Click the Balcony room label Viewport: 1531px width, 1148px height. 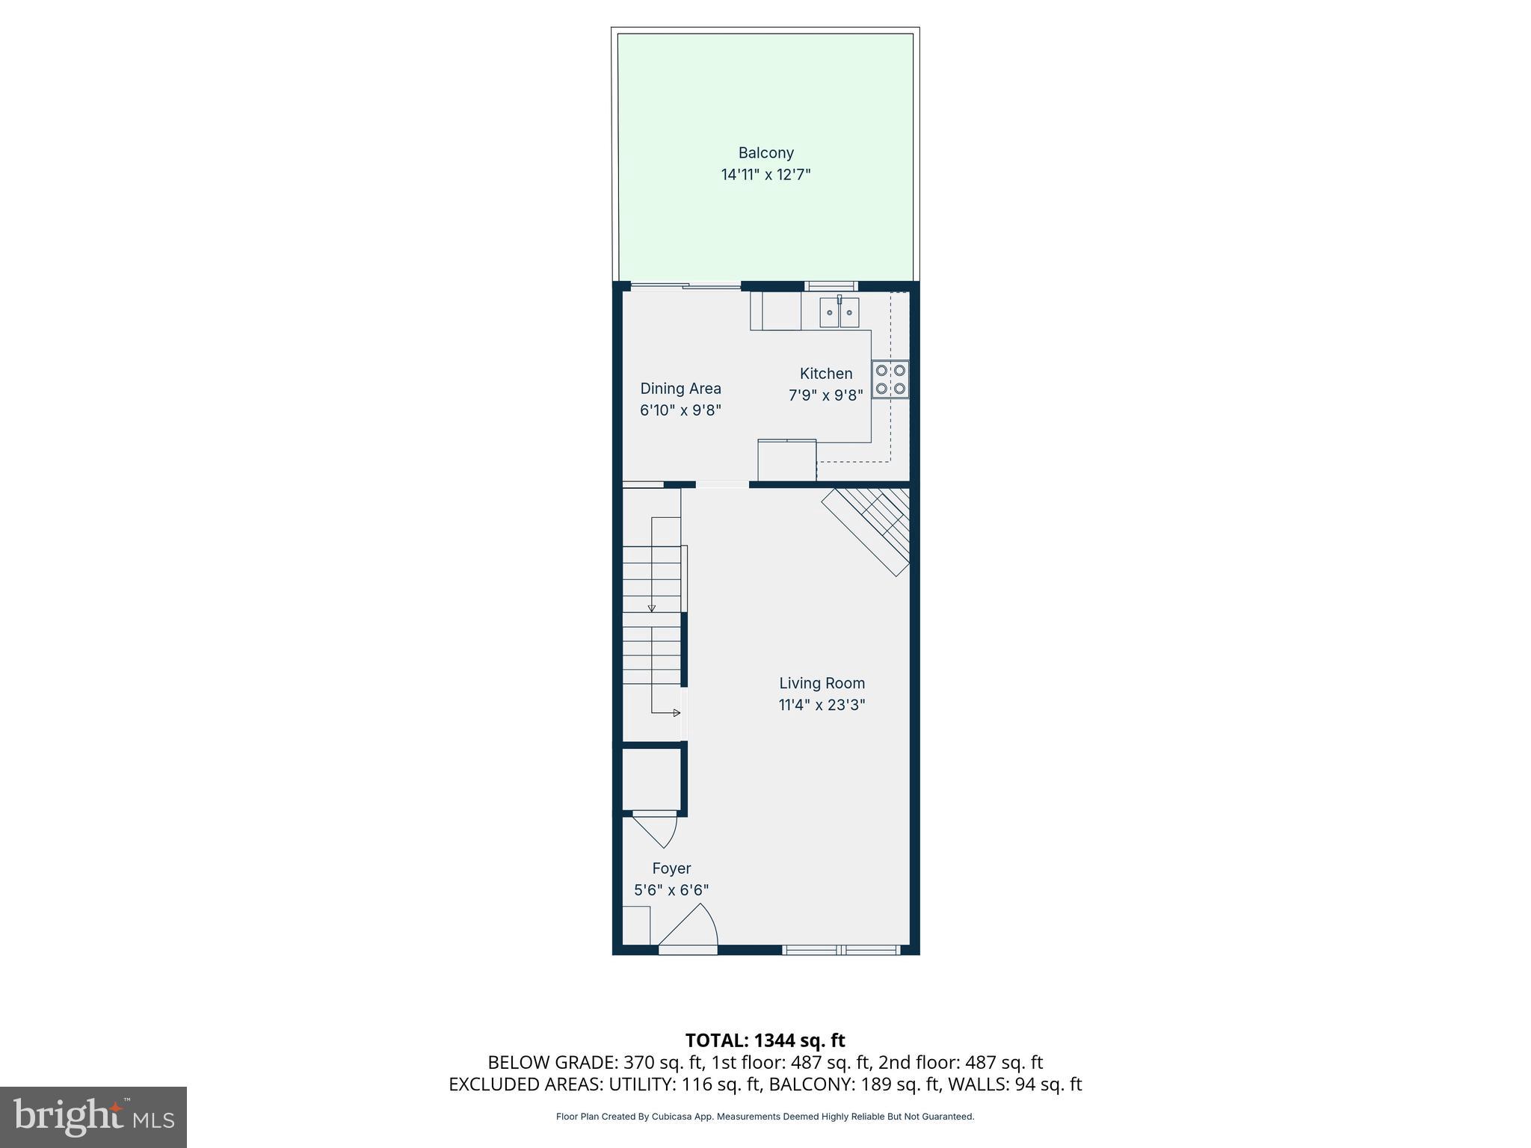(765, 153)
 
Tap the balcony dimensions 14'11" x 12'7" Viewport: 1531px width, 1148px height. (765, 175)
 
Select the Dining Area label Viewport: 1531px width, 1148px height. (680, 389)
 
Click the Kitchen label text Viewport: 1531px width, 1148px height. (825, 374)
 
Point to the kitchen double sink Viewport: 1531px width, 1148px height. (839, 312)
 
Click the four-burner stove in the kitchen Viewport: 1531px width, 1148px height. (890, 380)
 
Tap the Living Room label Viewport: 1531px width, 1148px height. (822, 683)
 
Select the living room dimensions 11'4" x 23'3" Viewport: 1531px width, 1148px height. (822, 705)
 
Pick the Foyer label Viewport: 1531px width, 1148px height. (671, 868)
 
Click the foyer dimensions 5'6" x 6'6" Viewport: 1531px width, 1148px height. (671, 890)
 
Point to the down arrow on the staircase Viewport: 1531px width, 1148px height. (652, 608)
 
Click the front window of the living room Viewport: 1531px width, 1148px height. (840, 950)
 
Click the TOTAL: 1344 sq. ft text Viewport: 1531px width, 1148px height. (765, 1040)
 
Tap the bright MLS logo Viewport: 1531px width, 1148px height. (93, 1117)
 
